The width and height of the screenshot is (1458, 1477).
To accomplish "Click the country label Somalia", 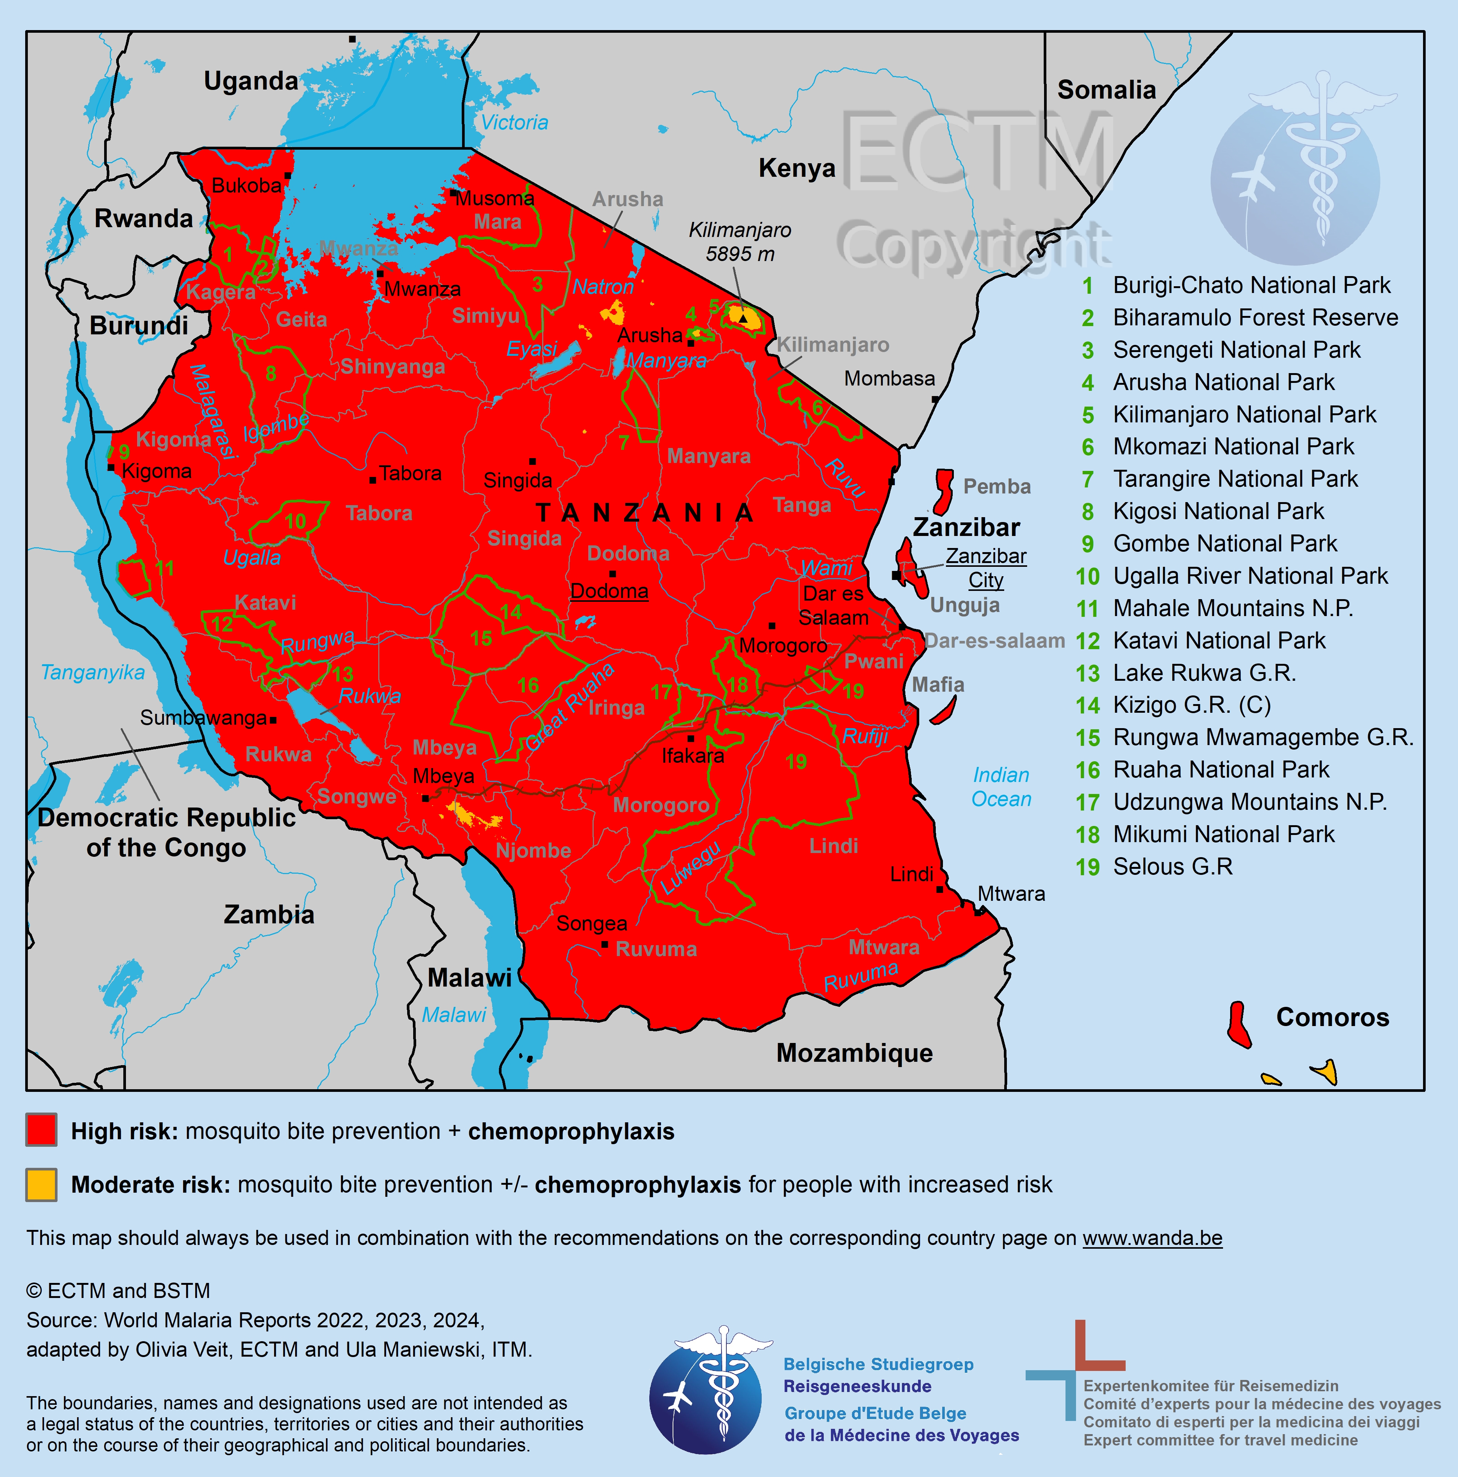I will point(1106,90).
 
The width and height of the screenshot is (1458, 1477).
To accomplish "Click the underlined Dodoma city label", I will point(609,591).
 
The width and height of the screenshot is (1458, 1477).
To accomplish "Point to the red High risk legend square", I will point(41,1130).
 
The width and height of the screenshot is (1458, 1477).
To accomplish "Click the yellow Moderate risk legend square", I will point(41,1183).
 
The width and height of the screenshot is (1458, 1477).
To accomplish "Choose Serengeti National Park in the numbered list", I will point(1236,350).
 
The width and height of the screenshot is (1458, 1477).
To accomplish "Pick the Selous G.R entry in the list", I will point(1172,867).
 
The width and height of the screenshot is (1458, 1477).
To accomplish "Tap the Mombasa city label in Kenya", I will point(889,378).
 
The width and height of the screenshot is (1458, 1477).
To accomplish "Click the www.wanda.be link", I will point(1152,1238).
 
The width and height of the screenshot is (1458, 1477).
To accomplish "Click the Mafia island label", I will point(938,685).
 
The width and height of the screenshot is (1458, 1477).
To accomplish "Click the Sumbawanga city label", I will point(203,718).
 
